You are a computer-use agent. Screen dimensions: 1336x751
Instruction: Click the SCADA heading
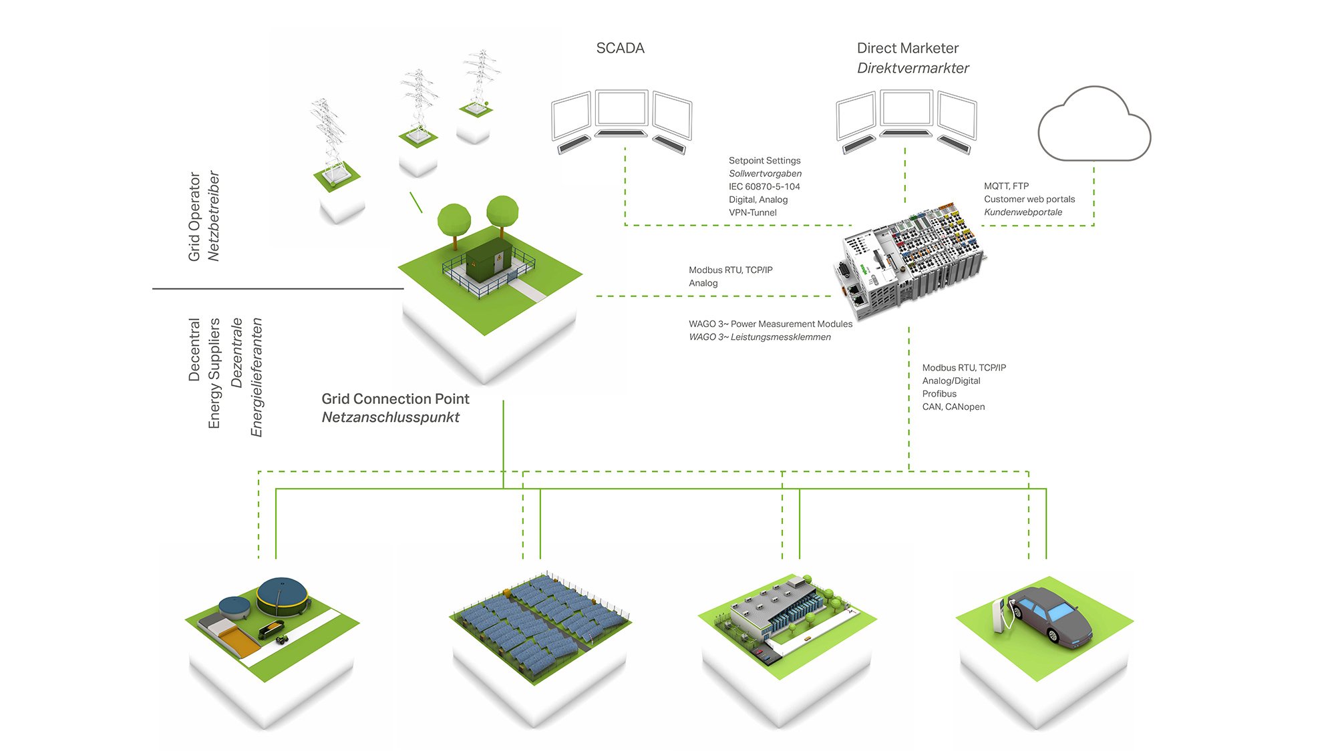(620, 48)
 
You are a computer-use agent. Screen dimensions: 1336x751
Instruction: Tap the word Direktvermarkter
(912, 68)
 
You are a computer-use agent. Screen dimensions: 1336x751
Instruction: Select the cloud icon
(1094, 124)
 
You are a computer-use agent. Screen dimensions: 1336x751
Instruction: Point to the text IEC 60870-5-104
(764, 187)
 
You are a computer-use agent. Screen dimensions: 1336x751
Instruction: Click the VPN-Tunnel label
(753, 213)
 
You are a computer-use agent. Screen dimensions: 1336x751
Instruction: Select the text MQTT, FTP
(1006, 186)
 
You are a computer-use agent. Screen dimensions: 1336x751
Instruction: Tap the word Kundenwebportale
(1023, 212)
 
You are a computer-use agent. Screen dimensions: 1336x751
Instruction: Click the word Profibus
(939, 394)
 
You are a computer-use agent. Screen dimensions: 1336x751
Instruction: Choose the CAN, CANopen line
(953, 407)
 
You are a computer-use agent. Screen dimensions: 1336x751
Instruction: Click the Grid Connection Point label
(395, 399)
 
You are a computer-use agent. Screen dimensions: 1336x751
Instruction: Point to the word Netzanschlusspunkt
(391, 417)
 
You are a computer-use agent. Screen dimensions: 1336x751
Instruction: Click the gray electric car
(1050, 615)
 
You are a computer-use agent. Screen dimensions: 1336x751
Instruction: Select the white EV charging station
(999, 615)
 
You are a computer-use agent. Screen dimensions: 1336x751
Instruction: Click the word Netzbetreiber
(214, 216)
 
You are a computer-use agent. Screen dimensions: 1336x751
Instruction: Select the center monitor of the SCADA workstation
(621, 109)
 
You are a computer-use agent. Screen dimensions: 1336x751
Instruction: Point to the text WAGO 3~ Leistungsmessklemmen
(760, 337)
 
